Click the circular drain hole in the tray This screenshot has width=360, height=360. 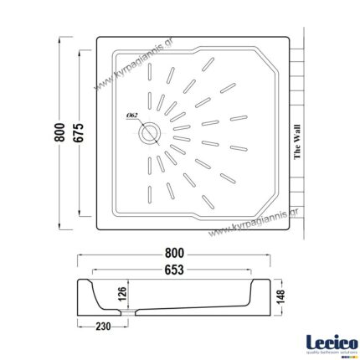pyautogui.click(x=152, y=131)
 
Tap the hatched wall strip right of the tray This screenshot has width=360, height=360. pyautogui.click(x=309, y=134)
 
